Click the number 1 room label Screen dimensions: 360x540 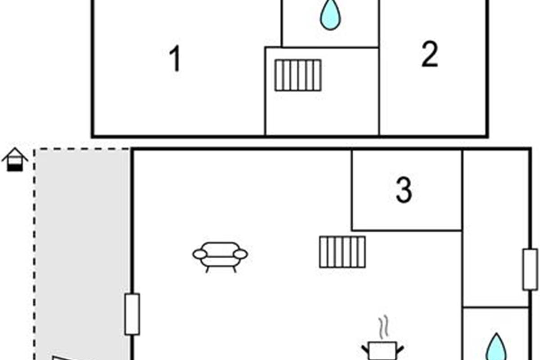(175, 59)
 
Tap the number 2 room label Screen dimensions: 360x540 (430, 55)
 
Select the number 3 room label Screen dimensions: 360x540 (404, 190)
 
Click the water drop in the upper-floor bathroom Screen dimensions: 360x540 (330, 15)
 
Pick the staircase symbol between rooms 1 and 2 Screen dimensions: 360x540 (298, 75)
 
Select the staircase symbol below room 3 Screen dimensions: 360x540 (342, 252)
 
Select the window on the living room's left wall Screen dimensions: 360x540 (132, 314)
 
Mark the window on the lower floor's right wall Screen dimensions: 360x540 (530, 269)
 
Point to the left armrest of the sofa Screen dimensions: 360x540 (199, 255)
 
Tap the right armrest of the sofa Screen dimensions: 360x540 (241, 255)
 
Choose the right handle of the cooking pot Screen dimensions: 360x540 (400, 347)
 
